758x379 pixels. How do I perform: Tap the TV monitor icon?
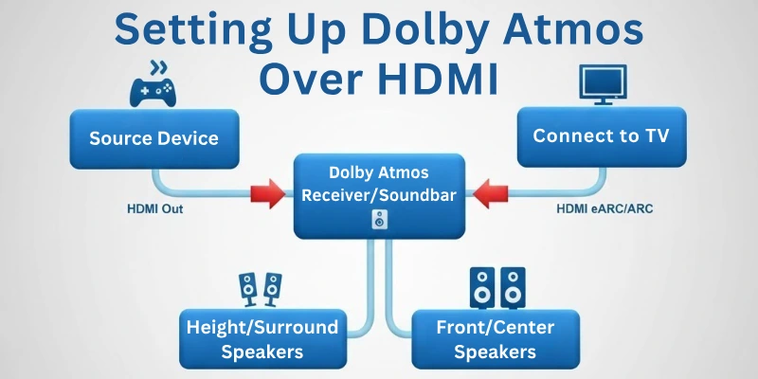[x=604, y=86]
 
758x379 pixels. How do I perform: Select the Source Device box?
[x=153, y=138]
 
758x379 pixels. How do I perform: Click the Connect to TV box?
[x=601, y=136]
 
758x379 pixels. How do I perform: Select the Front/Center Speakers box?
[x=495, y=339]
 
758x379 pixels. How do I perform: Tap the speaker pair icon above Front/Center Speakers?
[x=496, y=285]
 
